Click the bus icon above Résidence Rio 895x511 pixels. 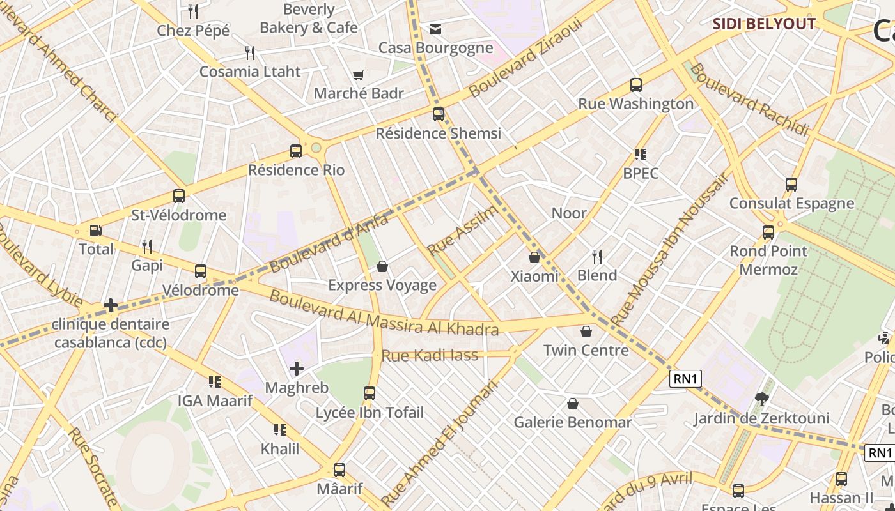[x=295, y=151]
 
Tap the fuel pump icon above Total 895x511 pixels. [x=95, y=231]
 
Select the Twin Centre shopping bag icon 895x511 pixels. [x=586, y=332]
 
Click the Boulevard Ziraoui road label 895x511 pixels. [x=525, y=58]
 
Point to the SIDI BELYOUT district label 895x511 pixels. [x=764, y=24]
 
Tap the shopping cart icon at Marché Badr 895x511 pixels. [x=359, y=75]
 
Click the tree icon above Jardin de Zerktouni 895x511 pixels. [x=761, y=399]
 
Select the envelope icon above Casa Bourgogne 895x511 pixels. [x=435, y=29]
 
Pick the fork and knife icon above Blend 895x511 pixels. [x=597, y=257]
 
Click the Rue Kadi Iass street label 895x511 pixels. [x=430, y=355]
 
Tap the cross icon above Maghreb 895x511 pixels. [x=296, y=369]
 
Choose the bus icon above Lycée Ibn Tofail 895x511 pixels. [x=370, y=393]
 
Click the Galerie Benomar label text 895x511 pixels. [x=573, y=422]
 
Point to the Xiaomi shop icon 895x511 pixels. [x=534, y=257]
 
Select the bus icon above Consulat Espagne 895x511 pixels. [x=791, y=185]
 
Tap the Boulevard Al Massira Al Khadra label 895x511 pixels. [x=384, y=314]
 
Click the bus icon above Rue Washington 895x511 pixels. [x=635, y=85]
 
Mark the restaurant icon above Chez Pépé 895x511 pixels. [x=193, y=11]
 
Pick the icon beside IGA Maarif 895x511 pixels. [x=215, y=382]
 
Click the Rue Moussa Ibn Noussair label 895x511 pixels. [x=669, y=249]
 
